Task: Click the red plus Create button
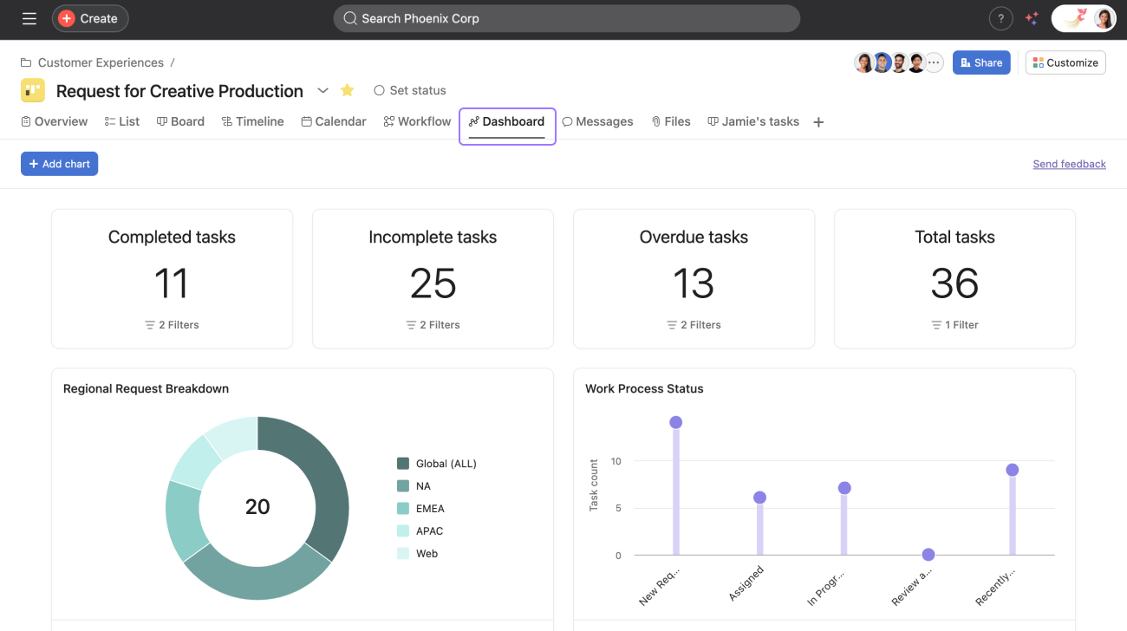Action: point(90,18)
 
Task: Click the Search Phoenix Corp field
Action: point(566,18)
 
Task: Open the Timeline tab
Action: point(252,121)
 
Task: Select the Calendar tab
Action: point(334,121)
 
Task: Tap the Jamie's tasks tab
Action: point(753,121)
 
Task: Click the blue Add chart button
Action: point(59,164)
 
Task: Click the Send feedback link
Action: point(1069,164)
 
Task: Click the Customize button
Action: point(1065,62)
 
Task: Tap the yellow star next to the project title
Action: point(348,90)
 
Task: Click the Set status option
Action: point(410,90)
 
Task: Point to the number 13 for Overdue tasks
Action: point(694,283)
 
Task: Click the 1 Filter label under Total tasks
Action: point(954,325)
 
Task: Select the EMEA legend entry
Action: point(430,509)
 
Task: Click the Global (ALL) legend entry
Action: point(446,464)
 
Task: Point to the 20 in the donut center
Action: point(257,507)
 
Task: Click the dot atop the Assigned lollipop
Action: point(759,498)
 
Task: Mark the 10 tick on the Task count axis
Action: point(616,461)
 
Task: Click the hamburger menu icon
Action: point(29,18)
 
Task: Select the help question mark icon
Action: point(1000,18)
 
